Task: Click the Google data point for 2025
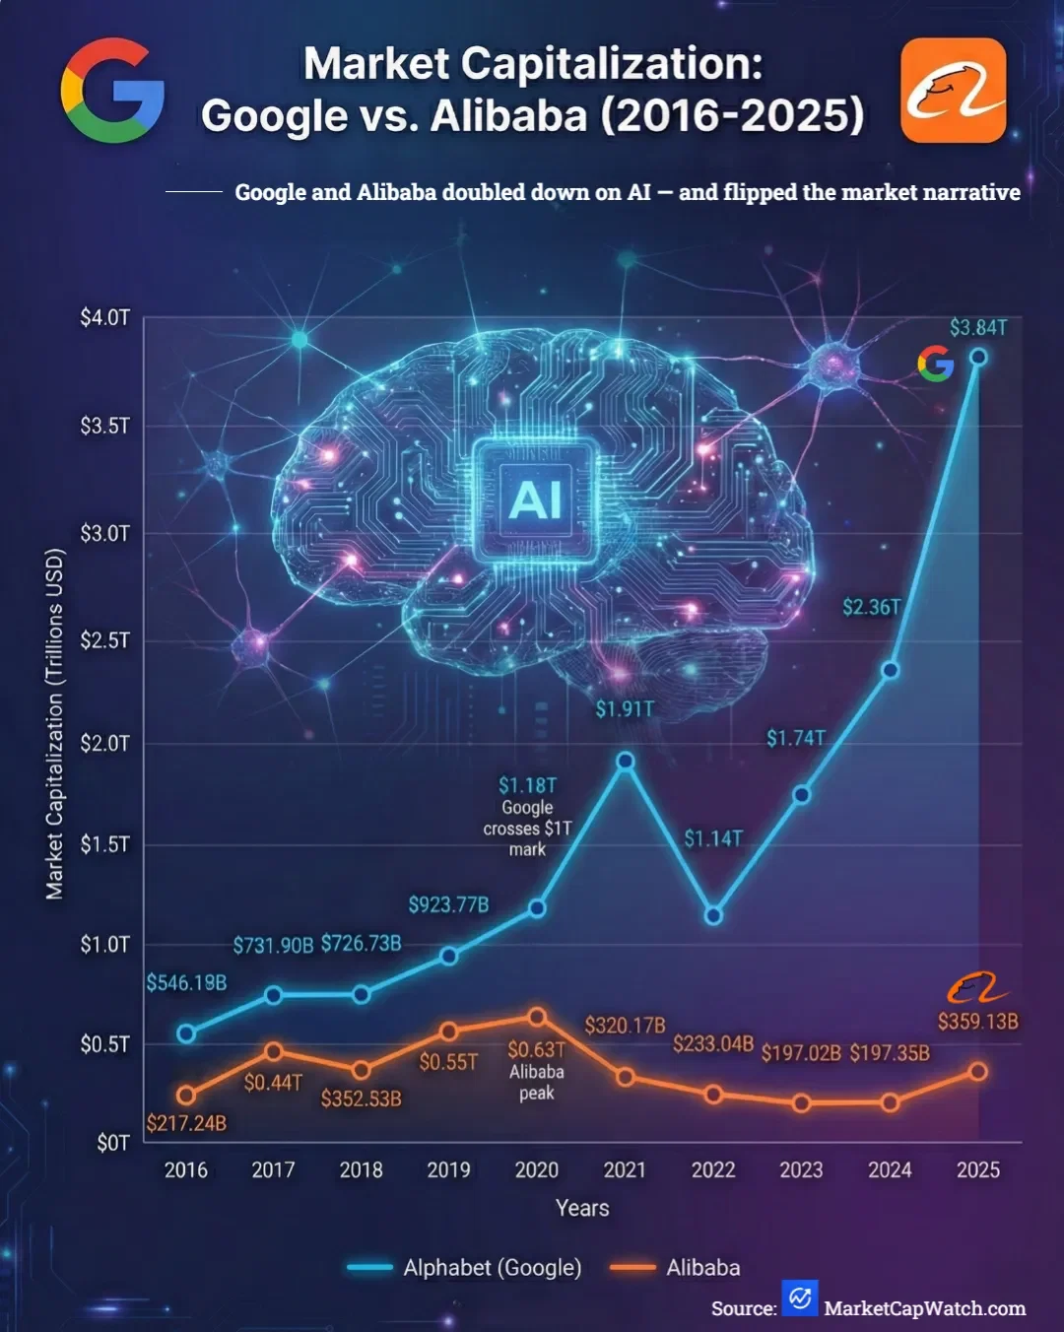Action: click(978, 357)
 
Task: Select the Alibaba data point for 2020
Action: click(537, 1016)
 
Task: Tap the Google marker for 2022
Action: click(713, 915)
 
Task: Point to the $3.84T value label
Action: click(978, 328)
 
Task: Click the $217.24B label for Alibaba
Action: click(186, 1123)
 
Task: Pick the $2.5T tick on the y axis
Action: click(104, 640)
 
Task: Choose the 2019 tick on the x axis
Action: click(448, 1169)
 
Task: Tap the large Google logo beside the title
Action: click(112, 91)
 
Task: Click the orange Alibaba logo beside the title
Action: click(953, 91)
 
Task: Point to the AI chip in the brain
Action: click(535, 499)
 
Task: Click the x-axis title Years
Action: click(582, 1208)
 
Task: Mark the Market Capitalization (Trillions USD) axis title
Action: click(54, 724)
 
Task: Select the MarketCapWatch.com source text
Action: click(924, 1308)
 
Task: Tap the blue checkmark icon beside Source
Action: click(800, 1299)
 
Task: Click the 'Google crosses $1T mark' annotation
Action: click(527, 828)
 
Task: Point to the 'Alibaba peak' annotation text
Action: click(537, 1082)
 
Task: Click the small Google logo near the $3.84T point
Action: click(935, 364)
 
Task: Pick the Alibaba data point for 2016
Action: click(186, 1095)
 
